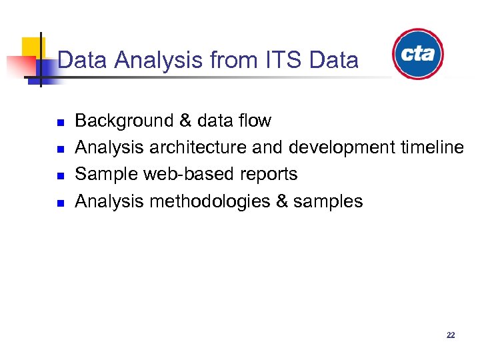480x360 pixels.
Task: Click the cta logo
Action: point(418,54)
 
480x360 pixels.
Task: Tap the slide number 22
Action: point(451,335)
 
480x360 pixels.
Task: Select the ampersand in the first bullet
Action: point(185,121)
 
